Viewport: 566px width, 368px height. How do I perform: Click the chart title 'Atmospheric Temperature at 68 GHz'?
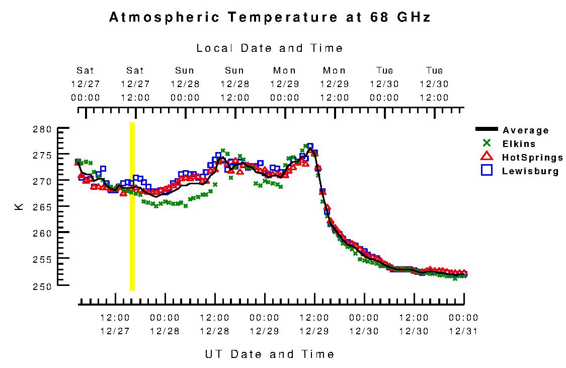(270, 18)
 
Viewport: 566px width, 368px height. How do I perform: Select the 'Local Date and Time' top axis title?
(270, 48)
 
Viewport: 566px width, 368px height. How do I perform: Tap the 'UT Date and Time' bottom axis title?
(270, 354)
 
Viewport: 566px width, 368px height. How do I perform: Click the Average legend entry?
(526, 130)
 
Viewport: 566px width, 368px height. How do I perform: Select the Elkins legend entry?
(519, 144)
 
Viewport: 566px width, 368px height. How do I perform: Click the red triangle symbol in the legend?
(486, 157)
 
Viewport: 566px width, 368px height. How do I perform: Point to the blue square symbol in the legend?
(486, 171)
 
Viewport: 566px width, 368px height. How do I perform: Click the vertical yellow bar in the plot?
(132, 206)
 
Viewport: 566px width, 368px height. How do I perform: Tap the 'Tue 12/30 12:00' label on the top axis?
(435, 84)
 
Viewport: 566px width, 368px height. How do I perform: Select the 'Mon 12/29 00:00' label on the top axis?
(285, 84)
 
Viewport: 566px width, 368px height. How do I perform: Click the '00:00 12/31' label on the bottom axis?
(463, 325)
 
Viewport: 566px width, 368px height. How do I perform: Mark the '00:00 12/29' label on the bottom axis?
(264, 325)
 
